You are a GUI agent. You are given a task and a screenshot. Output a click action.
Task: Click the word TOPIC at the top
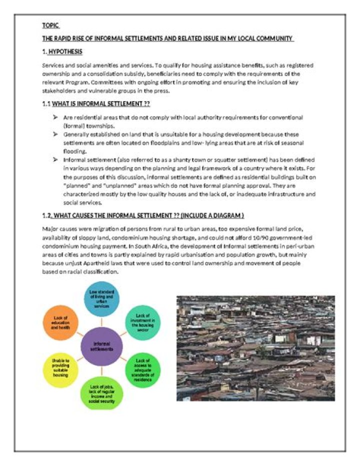[x=50, y=25]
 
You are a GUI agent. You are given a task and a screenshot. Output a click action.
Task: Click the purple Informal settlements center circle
[x=101, y=345]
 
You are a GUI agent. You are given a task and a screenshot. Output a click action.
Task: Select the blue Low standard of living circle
[x=101, y=299]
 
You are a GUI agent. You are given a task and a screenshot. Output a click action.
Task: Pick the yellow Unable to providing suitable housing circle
[x=60, y=371]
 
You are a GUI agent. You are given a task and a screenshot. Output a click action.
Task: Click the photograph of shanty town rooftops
[x=255, y=348]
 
